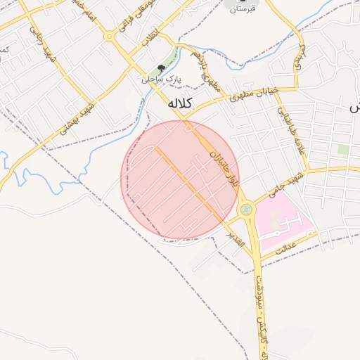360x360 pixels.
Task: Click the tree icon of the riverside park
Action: tap(162, 69)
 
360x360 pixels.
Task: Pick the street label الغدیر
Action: tap(234, 239)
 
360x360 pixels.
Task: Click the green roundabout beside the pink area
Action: tap(246, 210)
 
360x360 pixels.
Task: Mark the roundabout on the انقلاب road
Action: tap(110, 36)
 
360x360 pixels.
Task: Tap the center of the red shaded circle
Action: tap(181, 179)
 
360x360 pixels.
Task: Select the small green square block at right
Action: tap(343, 149)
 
